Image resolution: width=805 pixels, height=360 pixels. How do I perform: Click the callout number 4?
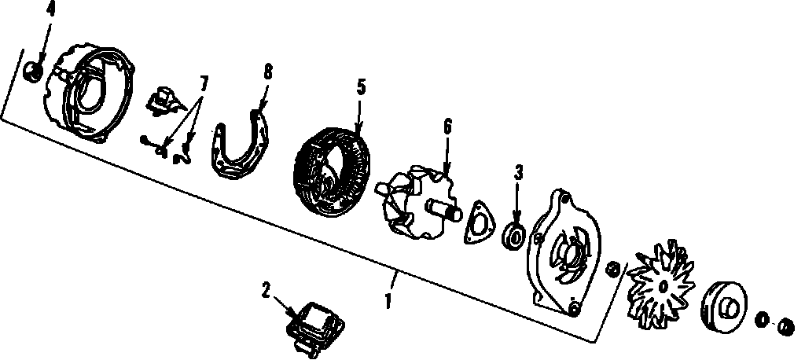tap(51, 9)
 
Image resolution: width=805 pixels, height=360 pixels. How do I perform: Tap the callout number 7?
tap(204, 83)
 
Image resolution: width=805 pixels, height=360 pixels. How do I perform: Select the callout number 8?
tap(268, 72)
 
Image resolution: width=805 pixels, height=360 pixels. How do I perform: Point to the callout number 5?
tap(362, 87)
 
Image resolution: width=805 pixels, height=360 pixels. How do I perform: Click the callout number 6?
tap(447, 127)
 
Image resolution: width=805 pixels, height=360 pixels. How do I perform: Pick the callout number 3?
tap(519, 173)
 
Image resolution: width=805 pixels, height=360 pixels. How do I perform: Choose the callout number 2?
tap(266, 291)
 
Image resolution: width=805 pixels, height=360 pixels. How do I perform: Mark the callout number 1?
tap(388, 301)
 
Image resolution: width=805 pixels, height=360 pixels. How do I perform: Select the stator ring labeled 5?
tap(331, 170)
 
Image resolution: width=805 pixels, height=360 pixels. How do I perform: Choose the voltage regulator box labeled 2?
tap(315, 326)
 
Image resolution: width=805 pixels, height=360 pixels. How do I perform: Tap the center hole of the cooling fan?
tap(663, 286)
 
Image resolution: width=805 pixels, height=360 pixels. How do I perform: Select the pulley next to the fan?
tap(724, 307)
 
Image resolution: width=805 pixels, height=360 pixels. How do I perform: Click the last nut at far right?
tap(786, 327)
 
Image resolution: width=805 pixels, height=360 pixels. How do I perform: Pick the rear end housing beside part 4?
tap(88, 94)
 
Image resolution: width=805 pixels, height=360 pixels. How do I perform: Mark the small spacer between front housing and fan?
tap(612, 269)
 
